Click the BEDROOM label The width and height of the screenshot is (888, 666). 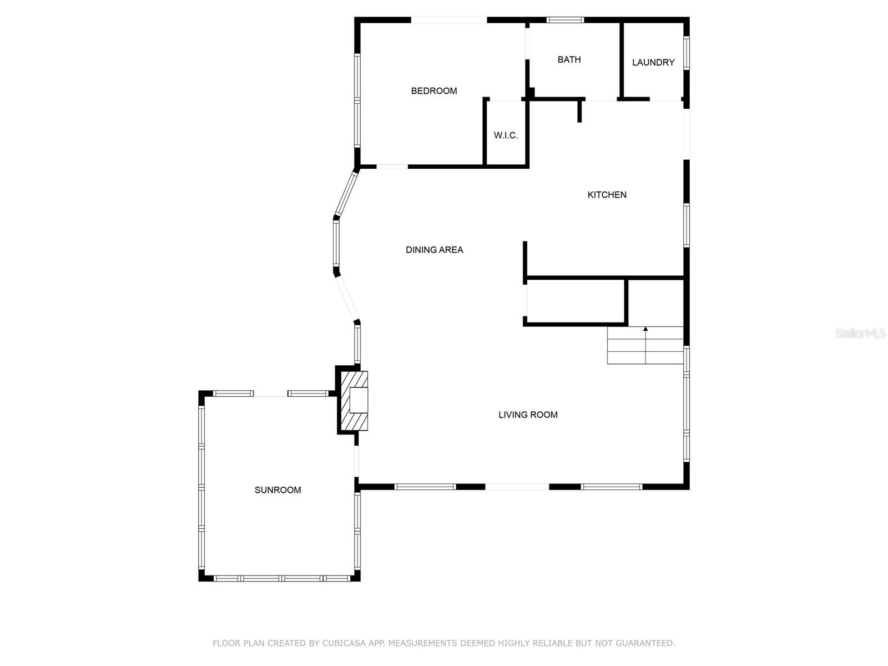coord(434,91)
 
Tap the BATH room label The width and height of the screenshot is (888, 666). coord(569,59)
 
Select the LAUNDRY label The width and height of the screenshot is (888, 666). coord(653,63)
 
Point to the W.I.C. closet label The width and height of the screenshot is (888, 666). coord(506,135)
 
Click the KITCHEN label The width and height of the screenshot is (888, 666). coord(607,195)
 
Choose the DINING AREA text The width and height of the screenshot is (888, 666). coord(434,250)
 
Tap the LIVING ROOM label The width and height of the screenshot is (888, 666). coord(528,415)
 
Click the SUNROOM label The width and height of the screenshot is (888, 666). coord(277,490)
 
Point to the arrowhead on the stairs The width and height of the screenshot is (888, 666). coord(645,329)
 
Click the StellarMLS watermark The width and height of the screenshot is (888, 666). coord(860,334)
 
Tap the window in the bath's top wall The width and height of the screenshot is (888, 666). coord(565,20)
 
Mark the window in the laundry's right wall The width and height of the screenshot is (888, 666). coord(687,53)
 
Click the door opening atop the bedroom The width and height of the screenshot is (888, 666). coord(448,20)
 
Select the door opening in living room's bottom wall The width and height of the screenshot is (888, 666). coord(517,487)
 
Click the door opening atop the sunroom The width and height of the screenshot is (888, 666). coord(270,393)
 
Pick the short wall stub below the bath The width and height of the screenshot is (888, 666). coord(579,110)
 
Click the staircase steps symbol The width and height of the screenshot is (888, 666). coord(645,346)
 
